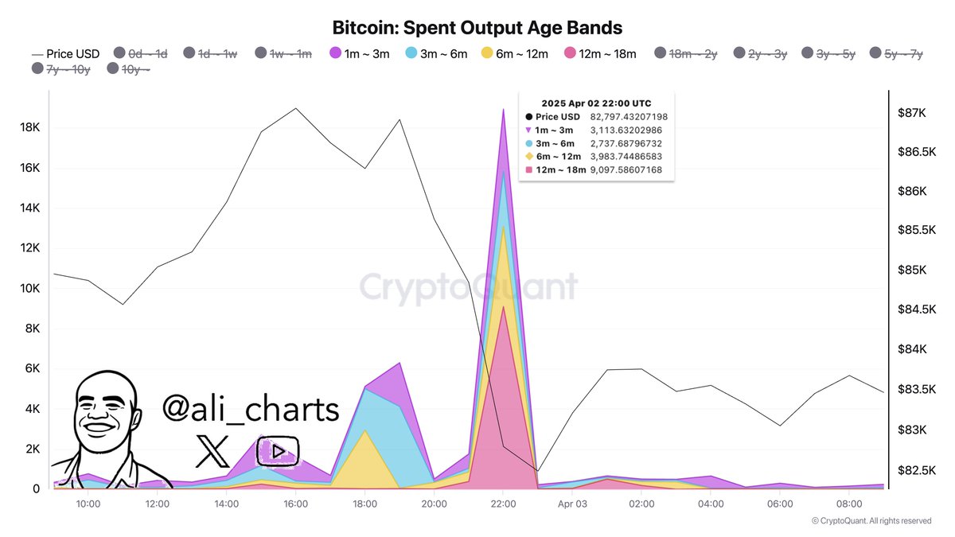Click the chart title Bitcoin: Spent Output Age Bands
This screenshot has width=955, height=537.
click(477, 27)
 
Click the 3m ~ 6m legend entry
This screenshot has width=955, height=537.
click(435, 53)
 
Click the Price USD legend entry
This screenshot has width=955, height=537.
click(66, 53)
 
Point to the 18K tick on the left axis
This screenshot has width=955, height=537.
click(29, 128)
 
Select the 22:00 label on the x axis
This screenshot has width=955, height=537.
click(504, 504)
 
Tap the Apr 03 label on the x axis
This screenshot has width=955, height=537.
click(572, 504)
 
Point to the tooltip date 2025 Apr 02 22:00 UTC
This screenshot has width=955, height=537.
click(596, 103)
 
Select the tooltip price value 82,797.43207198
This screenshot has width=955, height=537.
click(629, 117)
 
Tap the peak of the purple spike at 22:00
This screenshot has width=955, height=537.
click(504, 110)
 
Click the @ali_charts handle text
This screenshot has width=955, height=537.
click(251, 409)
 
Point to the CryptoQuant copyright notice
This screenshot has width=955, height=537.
click(871, 521)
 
